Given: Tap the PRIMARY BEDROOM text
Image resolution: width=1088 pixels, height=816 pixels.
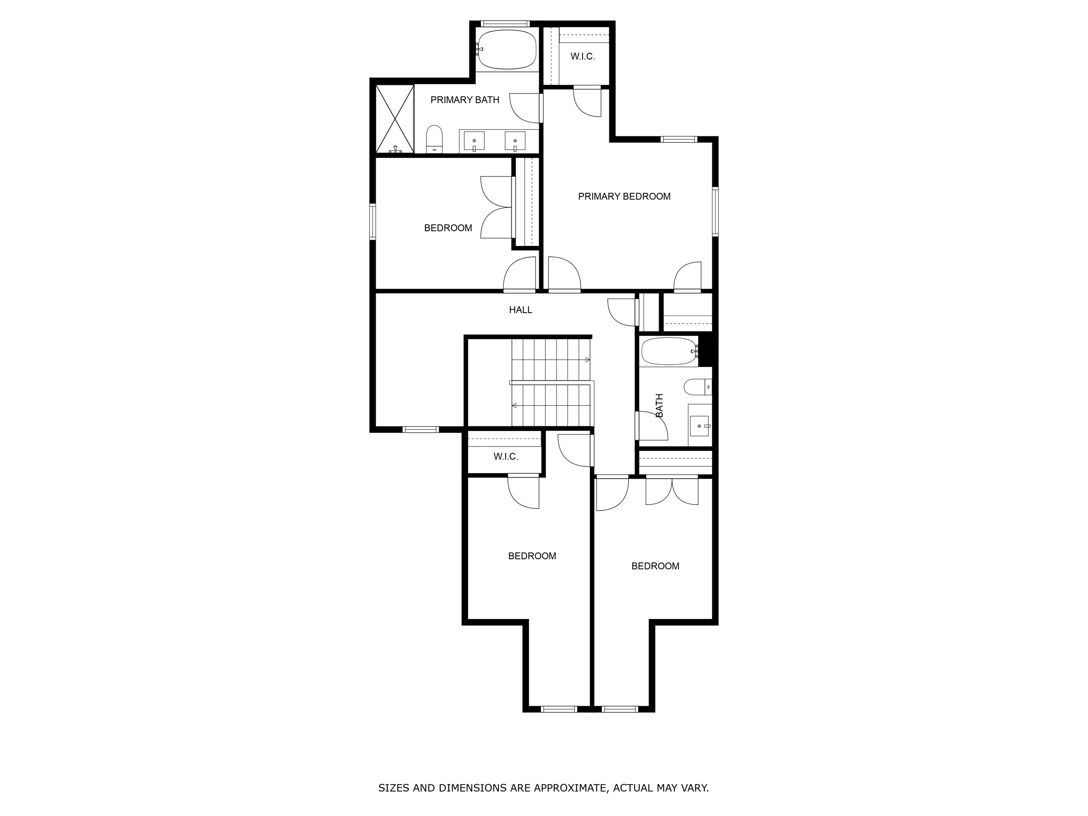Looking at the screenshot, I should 624,196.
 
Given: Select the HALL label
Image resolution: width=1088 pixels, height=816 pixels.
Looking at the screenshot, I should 520,310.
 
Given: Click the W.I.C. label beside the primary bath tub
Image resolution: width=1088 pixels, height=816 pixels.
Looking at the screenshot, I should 582,57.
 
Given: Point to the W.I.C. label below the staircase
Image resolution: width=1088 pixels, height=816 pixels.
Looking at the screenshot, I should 505,457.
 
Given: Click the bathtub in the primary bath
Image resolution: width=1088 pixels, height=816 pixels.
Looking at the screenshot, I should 507,49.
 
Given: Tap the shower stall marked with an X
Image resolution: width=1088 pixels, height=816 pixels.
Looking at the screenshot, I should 395,119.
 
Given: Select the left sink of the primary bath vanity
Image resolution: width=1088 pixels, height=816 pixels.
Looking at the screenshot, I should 474,141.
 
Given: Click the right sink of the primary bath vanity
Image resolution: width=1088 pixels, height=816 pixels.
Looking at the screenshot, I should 515,141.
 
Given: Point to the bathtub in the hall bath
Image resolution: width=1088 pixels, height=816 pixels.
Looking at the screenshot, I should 668,351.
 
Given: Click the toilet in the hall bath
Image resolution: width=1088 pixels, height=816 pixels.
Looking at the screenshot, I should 697,387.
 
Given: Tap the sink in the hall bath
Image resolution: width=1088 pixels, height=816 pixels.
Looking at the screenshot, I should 699,425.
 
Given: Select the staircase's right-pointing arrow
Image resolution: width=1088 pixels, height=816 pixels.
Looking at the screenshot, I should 587,359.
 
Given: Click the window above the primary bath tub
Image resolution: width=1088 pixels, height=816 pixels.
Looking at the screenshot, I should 505,24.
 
